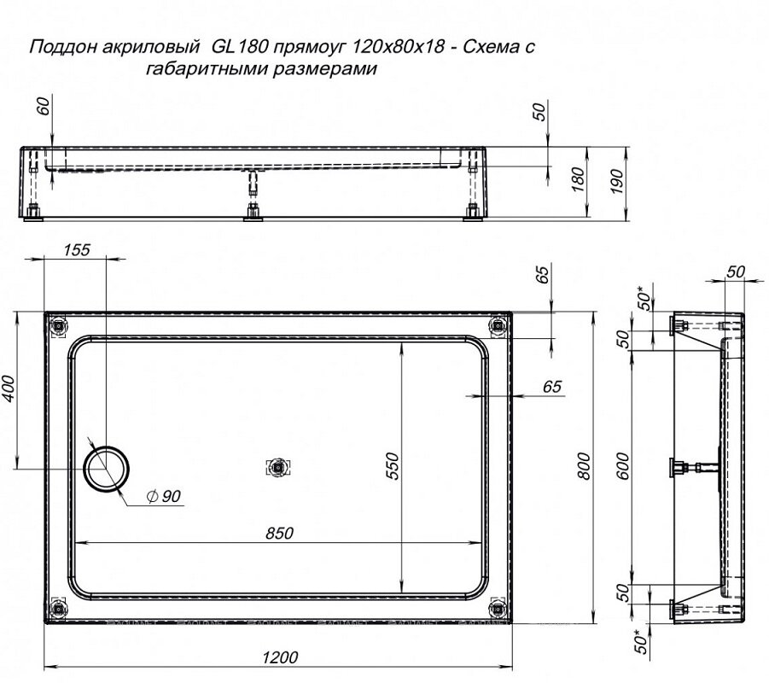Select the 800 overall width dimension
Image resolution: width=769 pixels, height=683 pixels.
point(583,465)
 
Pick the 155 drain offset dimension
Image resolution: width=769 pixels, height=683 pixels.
point(76,250)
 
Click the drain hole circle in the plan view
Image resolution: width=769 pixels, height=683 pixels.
point(107,469)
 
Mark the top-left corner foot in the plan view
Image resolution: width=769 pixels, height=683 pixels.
point(58,326)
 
